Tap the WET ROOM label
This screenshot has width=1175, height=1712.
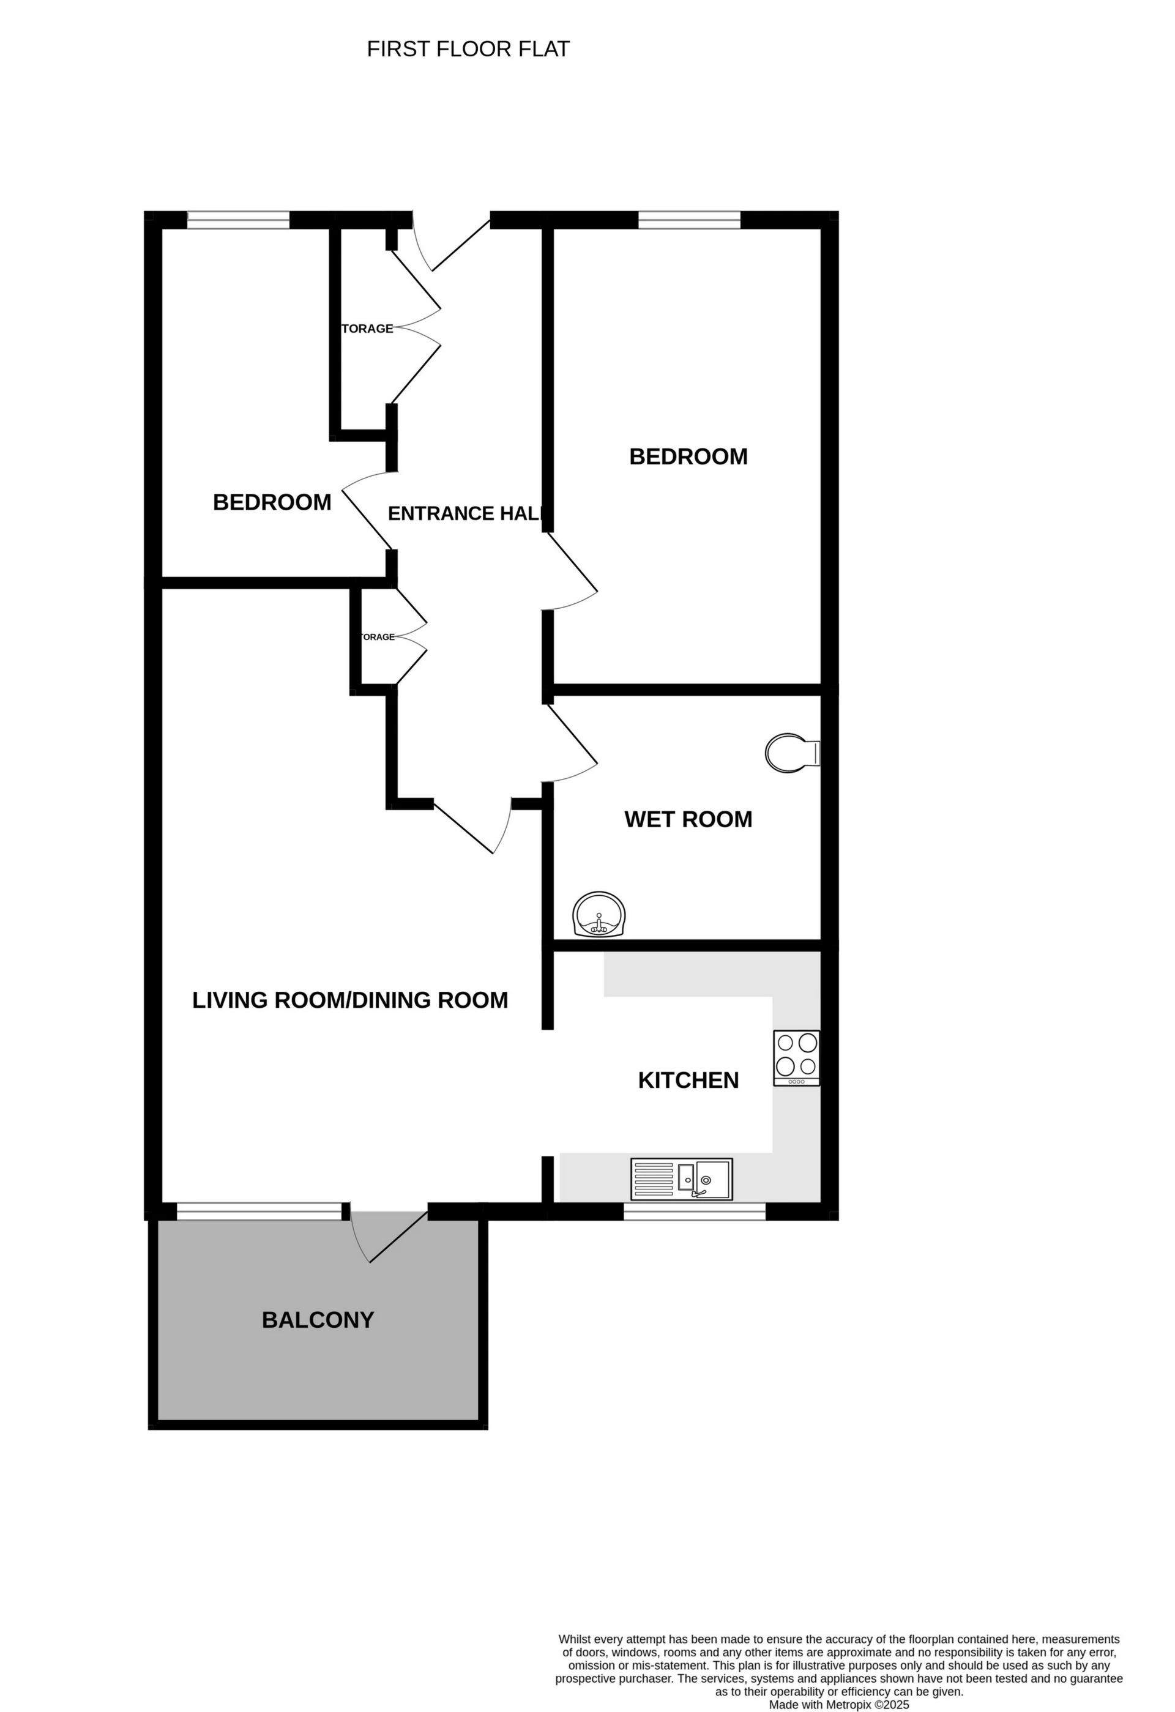tap(688, 819)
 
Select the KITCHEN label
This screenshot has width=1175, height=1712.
tap(688, 1080)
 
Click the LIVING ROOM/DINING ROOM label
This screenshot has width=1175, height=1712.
tap(350, 1000)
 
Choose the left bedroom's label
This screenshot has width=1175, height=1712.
tap(272, 502)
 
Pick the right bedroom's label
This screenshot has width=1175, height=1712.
tap(688, 456)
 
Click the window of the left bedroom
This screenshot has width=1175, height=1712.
tap(239, 219)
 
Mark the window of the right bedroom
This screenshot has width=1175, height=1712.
tap(689, 219)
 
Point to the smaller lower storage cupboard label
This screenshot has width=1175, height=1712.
tap(377, 636)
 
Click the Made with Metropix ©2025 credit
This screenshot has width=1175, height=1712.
tap(839, 1705)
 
